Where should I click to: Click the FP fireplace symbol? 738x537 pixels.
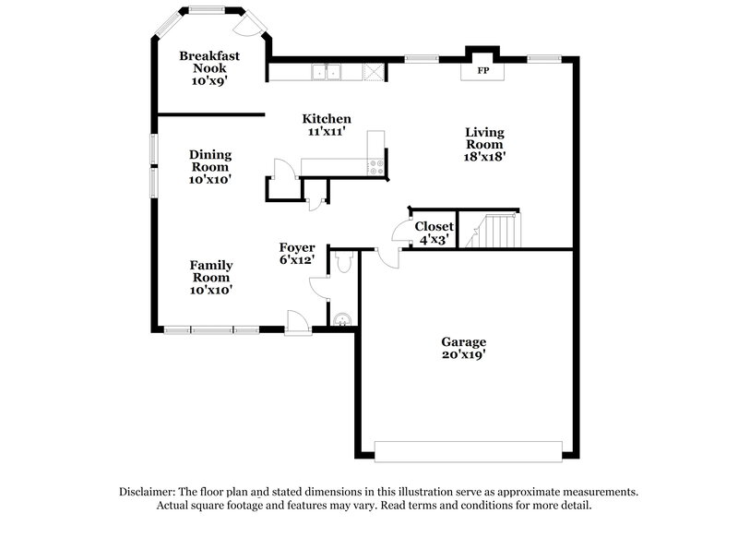pos(482,70)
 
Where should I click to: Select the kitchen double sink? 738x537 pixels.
pos(327,71)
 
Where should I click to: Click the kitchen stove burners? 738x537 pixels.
pos(375,167)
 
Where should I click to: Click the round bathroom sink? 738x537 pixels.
pos(342,319)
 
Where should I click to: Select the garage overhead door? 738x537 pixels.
pos(469,450)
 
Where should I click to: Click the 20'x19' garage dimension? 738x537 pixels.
pos(463,354)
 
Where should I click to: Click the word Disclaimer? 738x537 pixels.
pos(150,492)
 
